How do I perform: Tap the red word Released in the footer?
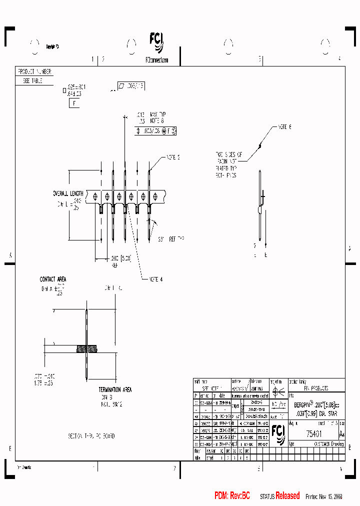tap(287, 495)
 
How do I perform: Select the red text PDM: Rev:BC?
tap(232, 495)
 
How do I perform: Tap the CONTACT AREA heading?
tap(53, 279)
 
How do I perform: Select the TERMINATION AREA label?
tap(115, 389)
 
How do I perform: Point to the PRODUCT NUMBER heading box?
tap(34, 71)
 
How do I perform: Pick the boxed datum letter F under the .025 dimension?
tap(74, 103)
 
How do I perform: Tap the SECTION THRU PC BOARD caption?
tap(91, 436)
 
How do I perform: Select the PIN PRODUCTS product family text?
tap(315, 388)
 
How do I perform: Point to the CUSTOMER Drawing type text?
tap(328, 443)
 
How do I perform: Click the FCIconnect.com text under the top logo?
tap(156, 59)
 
